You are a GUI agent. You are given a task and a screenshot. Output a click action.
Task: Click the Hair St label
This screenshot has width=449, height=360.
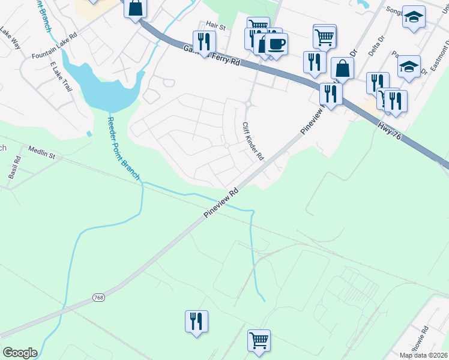click(214, 25)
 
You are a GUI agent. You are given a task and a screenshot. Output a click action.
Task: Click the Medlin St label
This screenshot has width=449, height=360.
click(41, 155)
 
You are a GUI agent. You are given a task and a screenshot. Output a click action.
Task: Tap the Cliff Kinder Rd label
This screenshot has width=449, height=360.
click(253, 141)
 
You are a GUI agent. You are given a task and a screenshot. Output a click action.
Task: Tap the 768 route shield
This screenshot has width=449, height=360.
click(99, 298)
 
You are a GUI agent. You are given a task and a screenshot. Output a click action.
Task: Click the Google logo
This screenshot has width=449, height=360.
click(20, 353)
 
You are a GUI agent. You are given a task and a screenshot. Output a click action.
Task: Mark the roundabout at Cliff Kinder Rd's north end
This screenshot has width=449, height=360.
click(247, 105)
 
